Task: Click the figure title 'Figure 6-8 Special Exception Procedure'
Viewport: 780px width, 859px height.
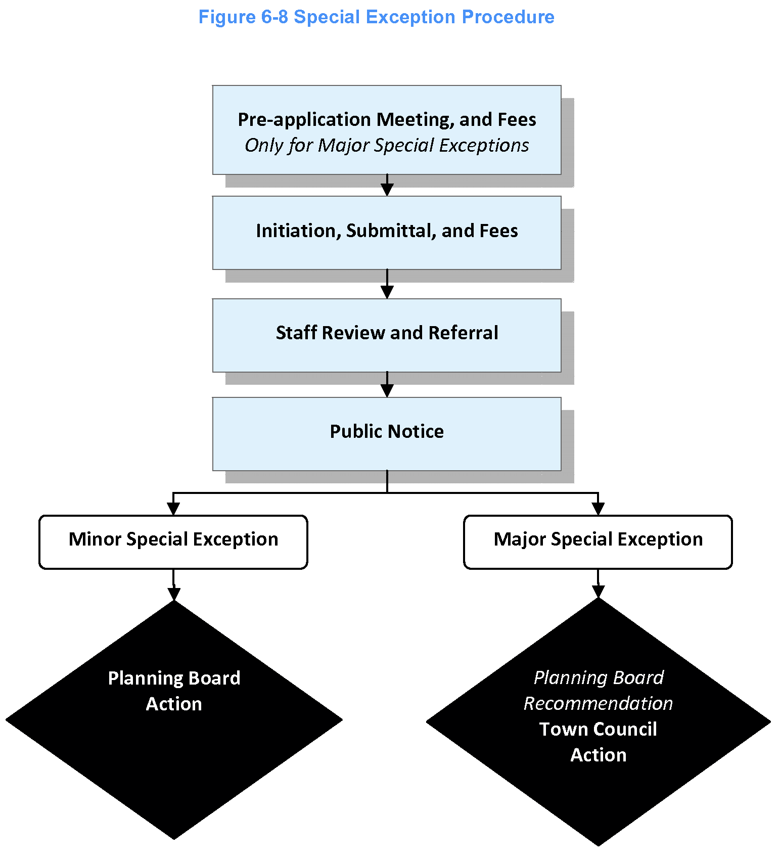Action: point(376,17)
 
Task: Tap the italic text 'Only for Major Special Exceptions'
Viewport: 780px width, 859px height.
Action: point(387,146)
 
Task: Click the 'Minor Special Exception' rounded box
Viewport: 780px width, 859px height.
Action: point(173,541)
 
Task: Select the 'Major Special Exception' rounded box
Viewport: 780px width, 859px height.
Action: point(598,541)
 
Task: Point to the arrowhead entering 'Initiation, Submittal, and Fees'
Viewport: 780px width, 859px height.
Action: point(387,190)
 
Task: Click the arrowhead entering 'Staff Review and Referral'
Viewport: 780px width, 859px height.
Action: point(387,292)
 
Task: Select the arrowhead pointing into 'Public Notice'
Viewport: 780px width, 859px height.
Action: point(387,391)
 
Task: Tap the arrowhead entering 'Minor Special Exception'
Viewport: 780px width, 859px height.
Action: point(173,509)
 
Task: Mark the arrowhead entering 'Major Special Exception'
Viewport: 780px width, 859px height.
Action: point(598,509)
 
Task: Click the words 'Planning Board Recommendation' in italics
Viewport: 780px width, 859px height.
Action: point(598,691)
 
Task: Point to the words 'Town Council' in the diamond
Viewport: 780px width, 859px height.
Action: point(598,729)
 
